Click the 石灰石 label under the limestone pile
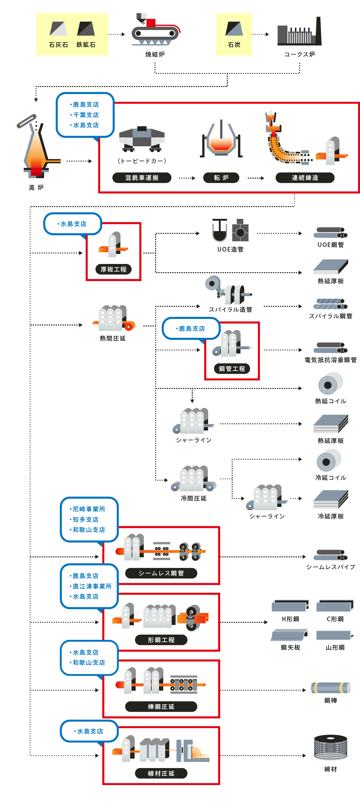(58, 45)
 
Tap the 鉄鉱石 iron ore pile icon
(86, 29)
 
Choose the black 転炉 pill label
(221, 178)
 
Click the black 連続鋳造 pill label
(305, 178)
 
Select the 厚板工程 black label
(113, 269)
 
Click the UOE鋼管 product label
(331, 245)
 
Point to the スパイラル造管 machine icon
(228, 290)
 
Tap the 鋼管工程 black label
(232, 369)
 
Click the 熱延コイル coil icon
(330, 383)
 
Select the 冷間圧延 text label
(193, 498)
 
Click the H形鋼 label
(290, 619)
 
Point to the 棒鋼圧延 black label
(161, 707)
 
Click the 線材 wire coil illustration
(331, 747)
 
